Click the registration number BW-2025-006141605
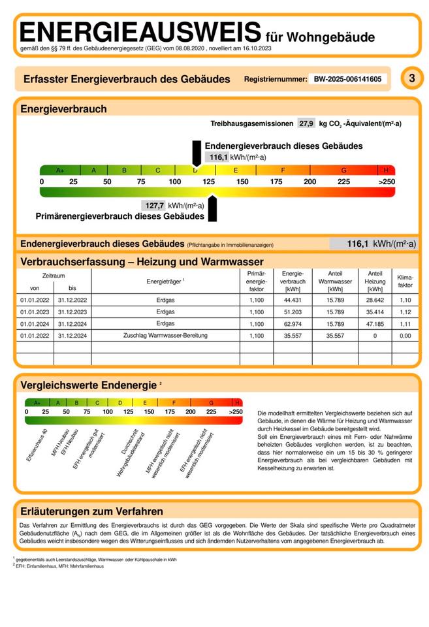coord(348,79)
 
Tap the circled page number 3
coord(411,78)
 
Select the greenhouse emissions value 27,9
coord(306,123)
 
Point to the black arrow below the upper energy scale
coord(211,208)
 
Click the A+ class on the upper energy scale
coord(59,170)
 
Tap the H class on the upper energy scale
coord(386,170)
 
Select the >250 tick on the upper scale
coord(387,182)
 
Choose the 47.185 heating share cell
coord(375,323)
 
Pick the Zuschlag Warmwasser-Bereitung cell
coord(165,335)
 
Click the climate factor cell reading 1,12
coord(405,312)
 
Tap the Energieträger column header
coord(165,281)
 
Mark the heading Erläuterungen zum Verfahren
coord(92,511)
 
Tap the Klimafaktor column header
coord(405,281)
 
